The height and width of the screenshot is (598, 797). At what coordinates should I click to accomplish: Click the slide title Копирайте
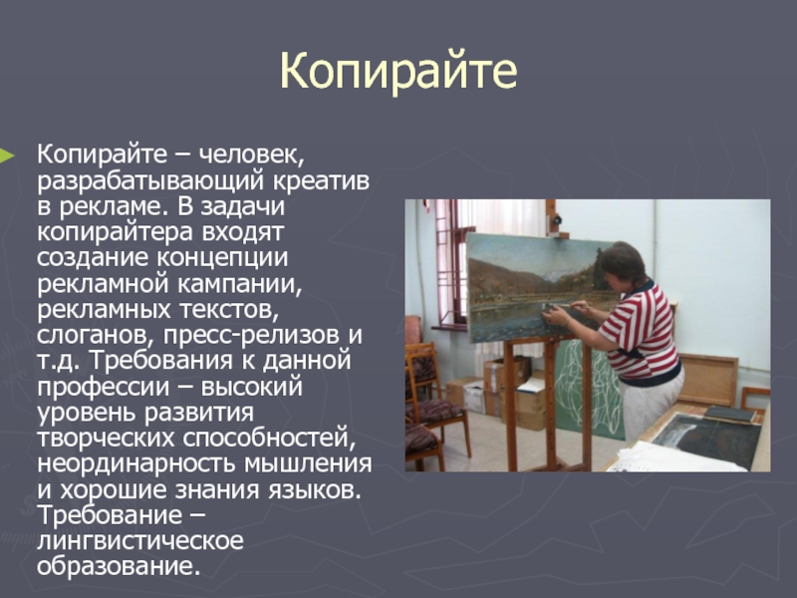(x=398, y=70)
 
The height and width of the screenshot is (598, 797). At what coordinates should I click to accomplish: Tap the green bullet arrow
(x=7, y=155)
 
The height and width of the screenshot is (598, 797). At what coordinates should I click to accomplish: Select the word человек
(x=251, y=154)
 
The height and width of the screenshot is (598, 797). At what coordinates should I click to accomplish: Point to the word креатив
(x=320, y=181)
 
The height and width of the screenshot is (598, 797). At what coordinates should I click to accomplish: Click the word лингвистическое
(x=139, y=540)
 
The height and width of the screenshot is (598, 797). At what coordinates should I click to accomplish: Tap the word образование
(x=119, y=566)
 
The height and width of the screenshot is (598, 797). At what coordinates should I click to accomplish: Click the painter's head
(x=621, y=264)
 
